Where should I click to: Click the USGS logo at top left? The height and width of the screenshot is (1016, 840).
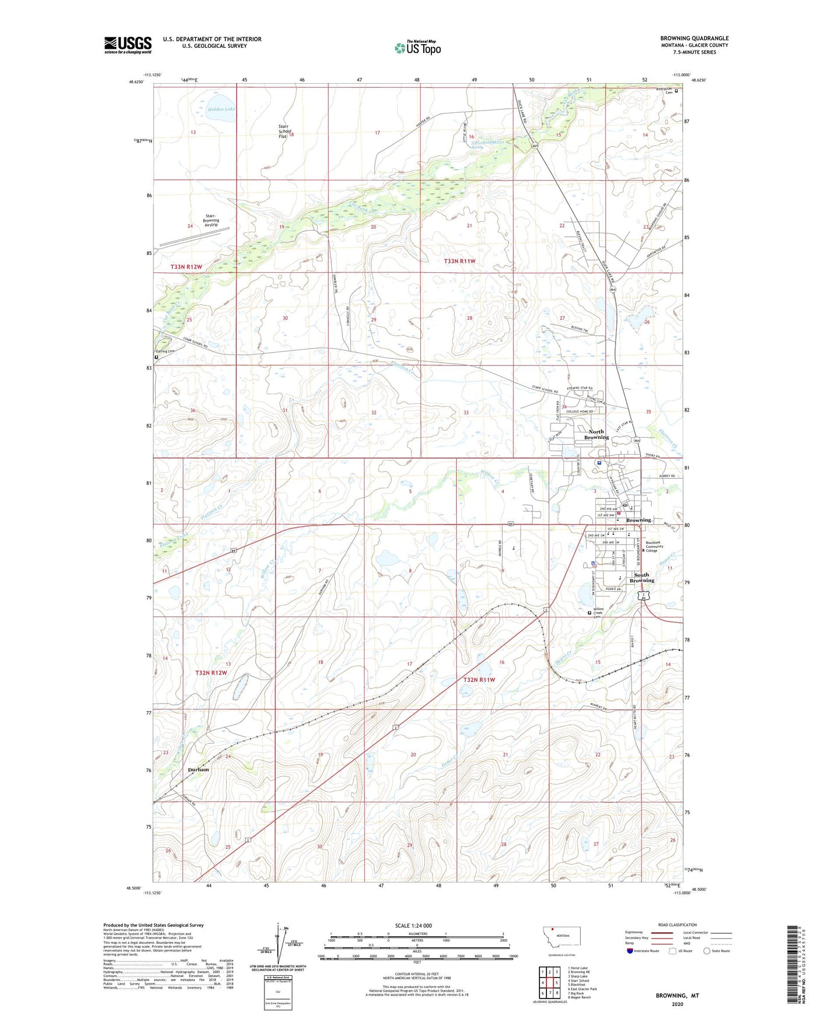coord(128,45)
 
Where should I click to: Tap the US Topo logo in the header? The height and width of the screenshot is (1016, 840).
coord(417,48)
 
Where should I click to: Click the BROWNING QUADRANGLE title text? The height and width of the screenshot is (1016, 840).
coord(694,38)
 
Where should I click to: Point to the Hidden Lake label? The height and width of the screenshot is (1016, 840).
coord(221,109)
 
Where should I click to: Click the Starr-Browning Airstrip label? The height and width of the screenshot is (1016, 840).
coord(210,221)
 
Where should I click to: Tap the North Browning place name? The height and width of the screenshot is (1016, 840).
coord(596,434)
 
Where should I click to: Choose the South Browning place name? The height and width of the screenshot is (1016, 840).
coord(642,577)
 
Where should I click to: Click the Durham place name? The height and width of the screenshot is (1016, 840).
coord(198,769)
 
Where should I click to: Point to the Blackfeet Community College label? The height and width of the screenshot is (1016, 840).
coord(655,546)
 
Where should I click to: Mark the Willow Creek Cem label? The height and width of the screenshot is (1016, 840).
coord(598,613)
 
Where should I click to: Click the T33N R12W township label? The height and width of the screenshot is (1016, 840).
coord(186,267)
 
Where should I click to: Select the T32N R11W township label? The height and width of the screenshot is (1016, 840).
coord(479,680)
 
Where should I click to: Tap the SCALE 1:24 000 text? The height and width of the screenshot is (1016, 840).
coord(413,925)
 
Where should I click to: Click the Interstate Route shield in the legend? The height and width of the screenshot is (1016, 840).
coord(631,951)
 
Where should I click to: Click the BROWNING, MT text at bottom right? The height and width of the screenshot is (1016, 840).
coord(677,996)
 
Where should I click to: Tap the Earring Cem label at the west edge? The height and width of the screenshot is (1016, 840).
coord(166,351)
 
